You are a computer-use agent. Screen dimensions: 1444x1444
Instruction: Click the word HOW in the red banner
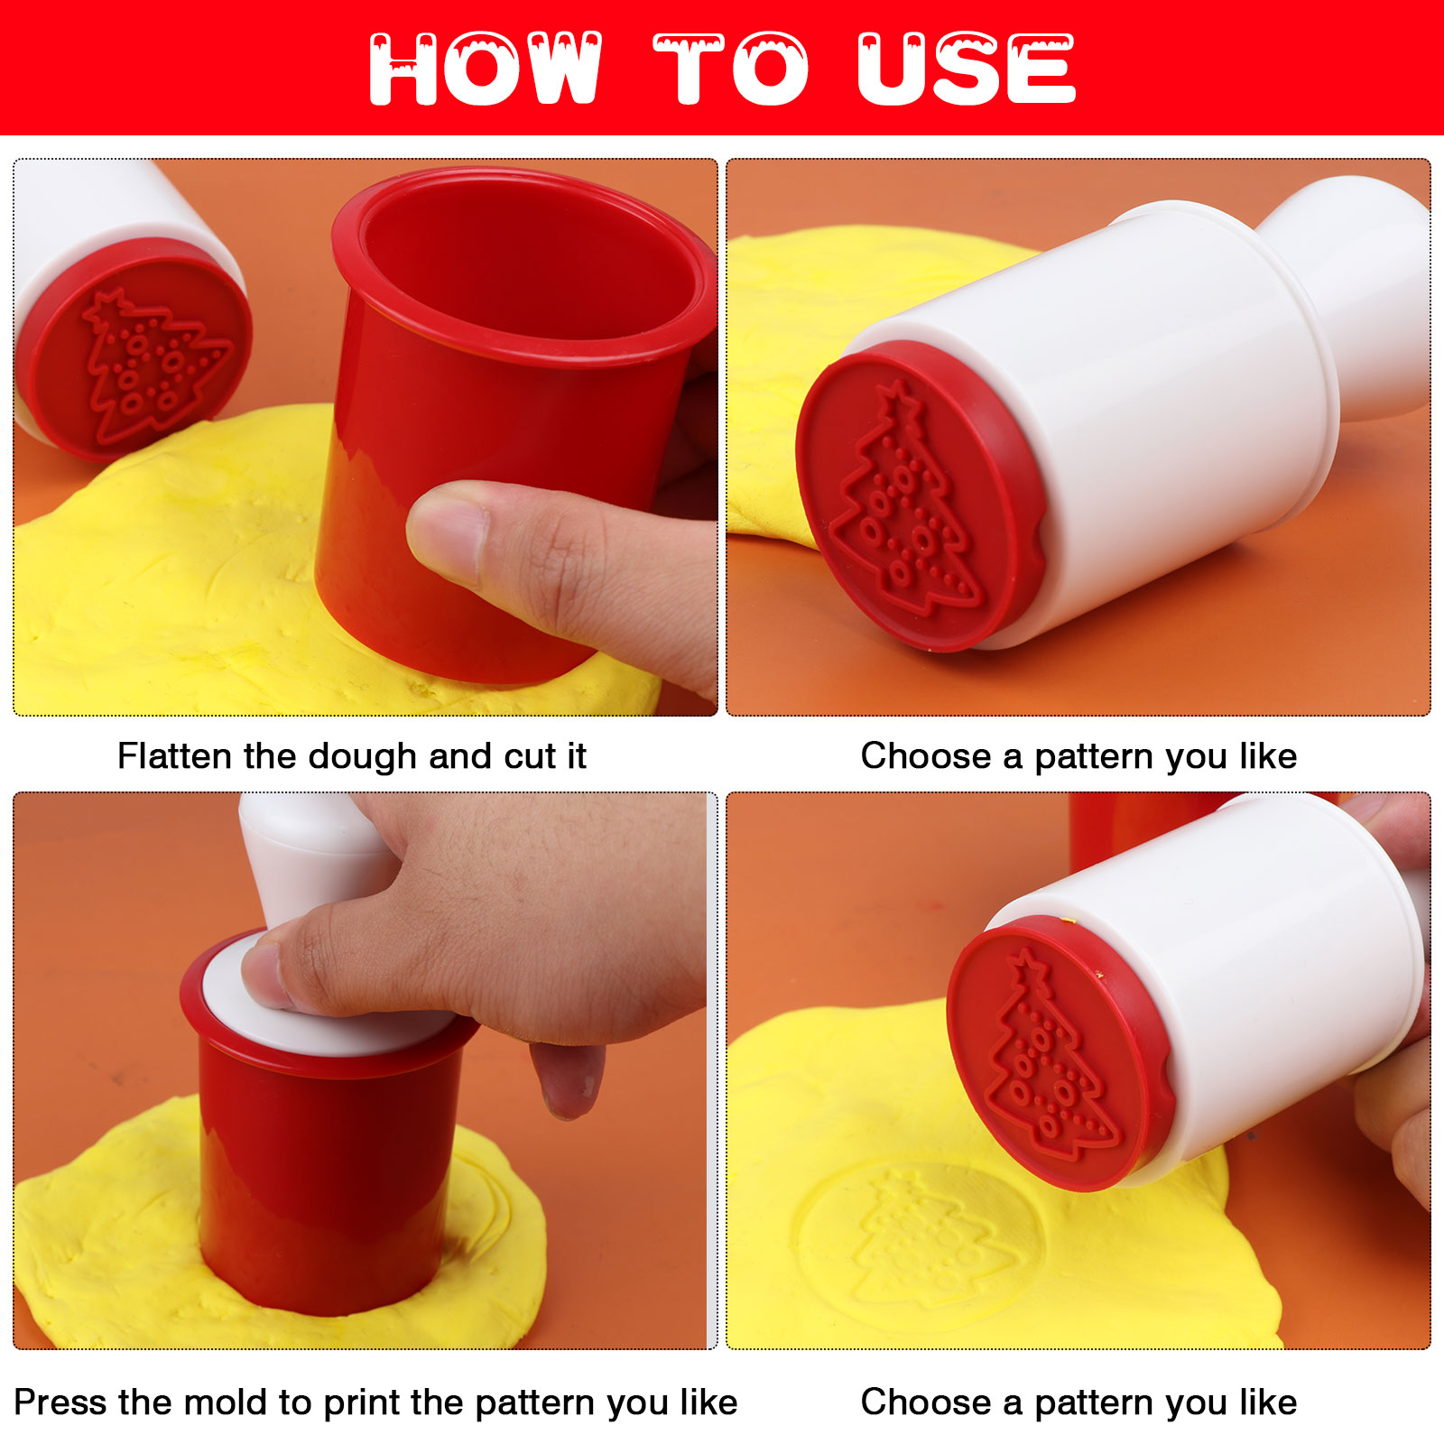click(x=486, y=69)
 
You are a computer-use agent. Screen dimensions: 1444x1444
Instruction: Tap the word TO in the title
click(x=731, y=69)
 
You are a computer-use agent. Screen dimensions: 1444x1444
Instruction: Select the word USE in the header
click(x=967, y=69)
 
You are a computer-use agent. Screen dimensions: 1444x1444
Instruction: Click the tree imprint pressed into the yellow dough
click(x=921, y=1241)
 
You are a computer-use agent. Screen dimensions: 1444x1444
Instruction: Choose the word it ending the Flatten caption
click(x=577, y=755)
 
